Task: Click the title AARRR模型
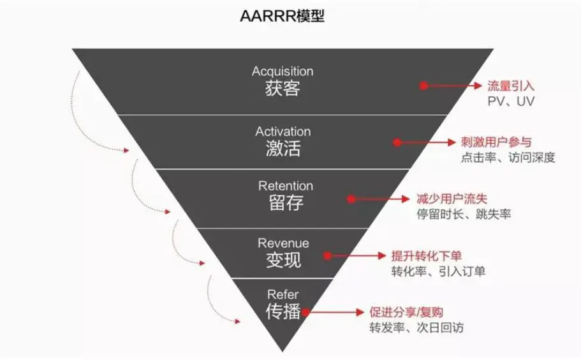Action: [x=283, y=16]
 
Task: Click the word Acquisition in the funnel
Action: [x=283, y=71]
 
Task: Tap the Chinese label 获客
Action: [x=283, y=89]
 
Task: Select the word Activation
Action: [x=283, y=131]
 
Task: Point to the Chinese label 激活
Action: [x=283, y=148]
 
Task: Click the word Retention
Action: [x=286, y=186]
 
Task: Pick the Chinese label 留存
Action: [x=286, y=203]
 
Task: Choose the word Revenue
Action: [x=283, y=243]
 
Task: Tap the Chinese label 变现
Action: [x=283, y=260]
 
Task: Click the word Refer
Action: [x=283, y=295]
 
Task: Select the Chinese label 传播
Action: [x=283, y=311]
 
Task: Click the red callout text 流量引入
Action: [x=511, y=86]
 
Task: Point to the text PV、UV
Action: [x=511, y=101]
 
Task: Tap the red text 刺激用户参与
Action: [x=496, y=142]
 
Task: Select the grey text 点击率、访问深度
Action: [x=508, y=158]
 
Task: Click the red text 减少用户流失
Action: [x=452, y=199]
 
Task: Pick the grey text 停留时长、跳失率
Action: [x=464, y=214]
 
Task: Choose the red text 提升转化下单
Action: [x=427, y=256]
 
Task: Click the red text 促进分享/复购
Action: [x=406, y=312]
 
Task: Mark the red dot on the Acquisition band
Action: [x=423, y=86]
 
